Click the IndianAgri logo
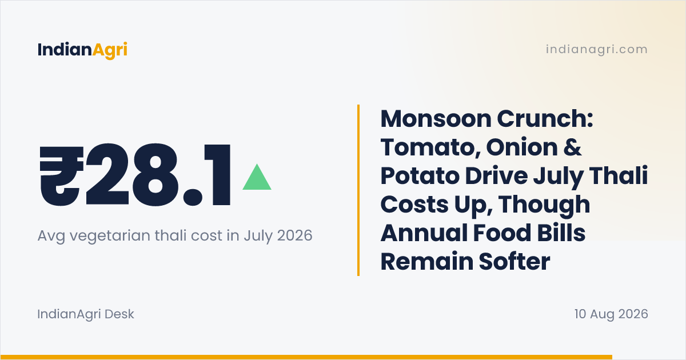point(82,50)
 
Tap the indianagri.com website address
point(597,49)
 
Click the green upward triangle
point(257,177)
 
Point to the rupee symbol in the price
point(62,175)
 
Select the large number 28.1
point(158,175)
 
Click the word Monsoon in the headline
point(436,119)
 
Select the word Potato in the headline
point(420,176)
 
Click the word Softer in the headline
point(514,262)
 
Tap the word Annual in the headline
point(424,233)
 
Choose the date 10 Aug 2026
point(611,314)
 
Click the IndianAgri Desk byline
point(86,314)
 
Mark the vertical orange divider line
point(358,190)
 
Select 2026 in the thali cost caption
point(294,235)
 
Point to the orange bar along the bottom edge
point(306,357)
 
